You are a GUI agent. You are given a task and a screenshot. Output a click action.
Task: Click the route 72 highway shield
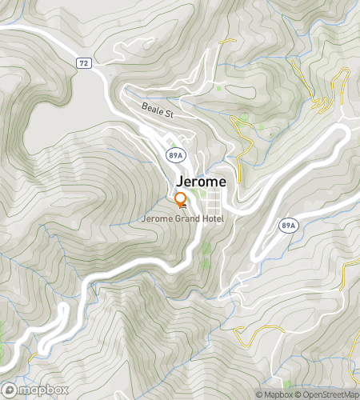83,62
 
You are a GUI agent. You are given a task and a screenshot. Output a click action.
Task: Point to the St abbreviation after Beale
170,114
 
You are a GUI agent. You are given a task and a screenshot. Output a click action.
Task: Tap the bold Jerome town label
200,182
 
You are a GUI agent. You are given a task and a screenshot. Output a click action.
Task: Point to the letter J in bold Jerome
179,182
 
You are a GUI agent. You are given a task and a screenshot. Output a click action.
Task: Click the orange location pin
181,200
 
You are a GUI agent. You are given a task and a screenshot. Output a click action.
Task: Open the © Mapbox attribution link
274,394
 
